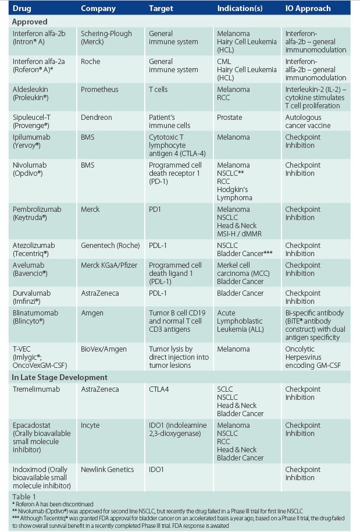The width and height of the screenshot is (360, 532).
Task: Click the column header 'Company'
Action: pos(98,9)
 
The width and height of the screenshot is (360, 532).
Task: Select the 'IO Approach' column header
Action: pos(308,9)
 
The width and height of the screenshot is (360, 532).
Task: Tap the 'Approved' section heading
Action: pos(30,21)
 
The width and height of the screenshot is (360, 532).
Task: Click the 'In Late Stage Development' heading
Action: pos(60,377)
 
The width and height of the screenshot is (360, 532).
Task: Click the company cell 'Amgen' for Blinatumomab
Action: pos(92,313)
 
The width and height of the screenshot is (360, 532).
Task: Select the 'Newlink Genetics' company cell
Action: pos(108,469)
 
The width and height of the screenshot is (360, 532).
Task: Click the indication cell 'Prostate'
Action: pos(229,117)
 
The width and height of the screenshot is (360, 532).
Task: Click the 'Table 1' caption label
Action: pos(24,496)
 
